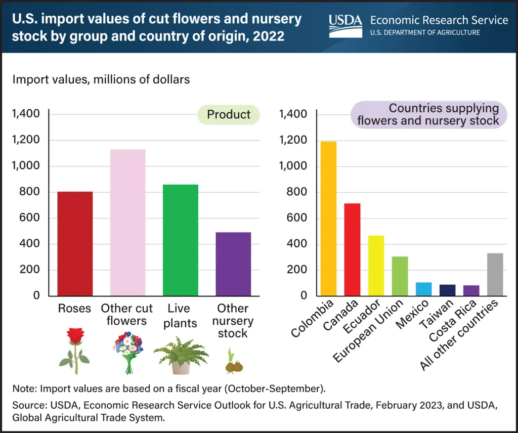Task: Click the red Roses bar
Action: pos(75,243)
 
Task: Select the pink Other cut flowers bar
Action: pos(127,223)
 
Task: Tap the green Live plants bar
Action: pos(181,240)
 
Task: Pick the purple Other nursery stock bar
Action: pos(233,264)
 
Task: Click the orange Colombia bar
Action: pos(328,219)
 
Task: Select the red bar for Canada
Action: pos(352,249)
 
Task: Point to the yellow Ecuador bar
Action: pos(376,266)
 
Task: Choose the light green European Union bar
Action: pos(400,276)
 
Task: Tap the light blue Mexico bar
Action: pos(423,289)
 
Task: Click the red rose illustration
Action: pos(75,351)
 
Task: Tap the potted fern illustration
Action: pos(181,354)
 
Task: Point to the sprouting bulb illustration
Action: pos(233,361)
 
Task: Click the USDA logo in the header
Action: pos(346,25)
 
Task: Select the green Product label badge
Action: pos(229,114)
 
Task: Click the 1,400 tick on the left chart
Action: pos(25,114)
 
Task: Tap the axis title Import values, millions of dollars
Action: pos(101,80)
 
